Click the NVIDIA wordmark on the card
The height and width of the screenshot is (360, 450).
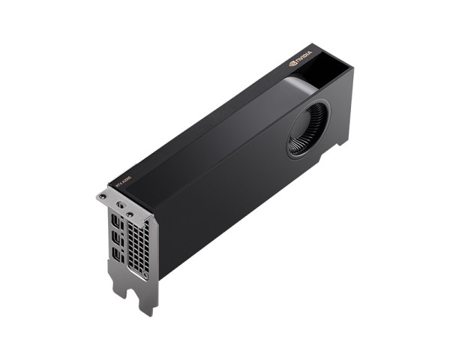[303, 58]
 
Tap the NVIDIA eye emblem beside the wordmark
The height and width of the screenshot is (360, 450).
[292, 64]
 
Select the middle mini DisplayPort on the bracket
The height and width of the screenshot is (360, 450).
[117, 238]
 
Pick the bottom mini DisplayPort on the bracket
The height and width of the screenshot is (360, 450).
[118, 255]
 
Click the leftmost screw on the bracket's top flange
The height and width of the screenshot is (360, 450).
[102, 196]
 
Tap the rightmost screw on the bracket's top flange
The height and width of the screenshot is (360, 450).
[132, 214]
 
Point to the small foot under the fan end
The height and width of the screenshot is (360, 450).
[342, 142]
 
